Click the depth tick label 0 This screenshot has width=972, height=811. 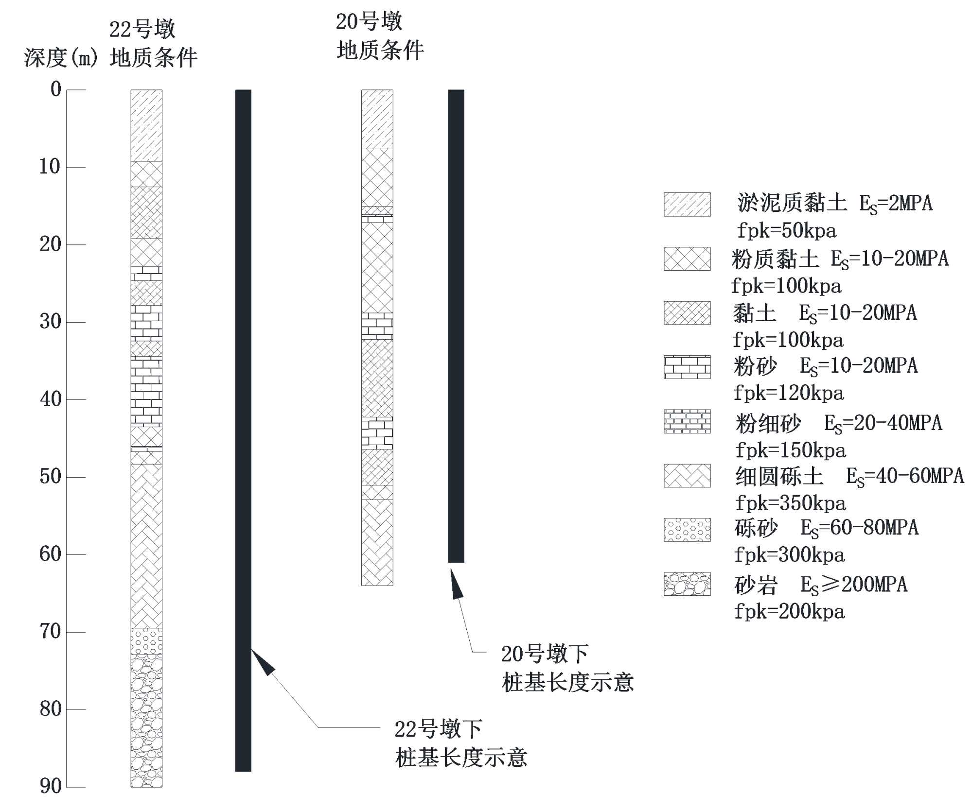pos(56,89)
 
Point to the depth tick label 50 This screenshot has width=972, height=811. pos(51,477)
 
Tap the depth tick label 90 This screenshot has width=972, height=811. pos(51,786)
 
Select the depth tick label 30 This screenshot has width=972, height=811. pos(51,322)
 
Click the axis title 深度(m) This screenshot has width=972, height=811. pos(61,58)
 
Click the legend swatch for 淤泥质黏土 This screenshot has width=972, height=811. pos(687,205)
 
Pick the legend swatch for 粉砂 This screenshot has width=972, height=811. pos(687,367)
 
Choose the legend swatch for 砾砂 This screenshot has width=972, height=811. pos(687,530)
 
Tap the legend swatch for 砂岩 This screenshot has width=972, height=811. pos(687,584)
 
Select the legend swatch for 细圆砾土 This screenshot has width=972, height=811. pos(687,476)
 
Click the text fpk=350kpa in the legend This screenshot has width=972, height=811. pos(790,503)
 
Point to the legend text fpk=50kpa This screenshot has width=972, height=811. pos(786,230)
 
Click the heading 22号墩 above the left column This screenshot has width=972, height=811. pos(142,29)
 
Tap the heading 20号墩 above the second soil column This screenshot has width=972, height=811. pos(369,22)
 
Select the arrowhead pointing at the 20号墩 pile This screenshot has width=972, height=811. pos(456,584)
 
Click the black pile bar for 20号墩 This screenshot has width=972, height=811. pos(456,326)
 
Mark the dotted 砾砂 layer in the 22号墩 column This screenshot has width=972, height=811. pos(146,641)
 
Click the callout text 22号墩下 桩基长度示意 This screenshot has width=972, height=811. pos(460,743)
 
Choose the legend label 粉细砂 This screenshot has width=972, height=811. pos(768,424)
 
